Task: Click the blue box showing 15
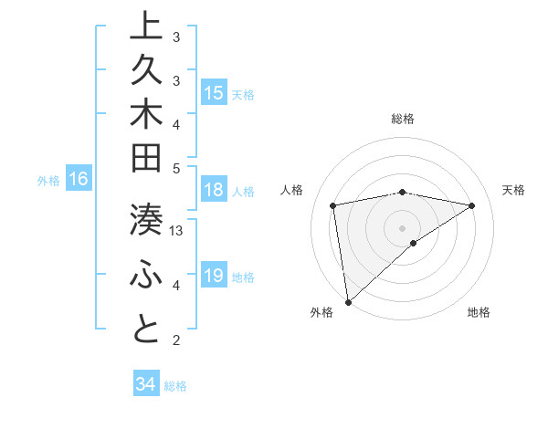pyautogui.click(x=214, y=92)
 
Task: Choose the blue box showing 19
pyautogui.click(x=214, y=275)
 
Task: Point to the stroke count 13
pyautogui.click(x=177, y=231)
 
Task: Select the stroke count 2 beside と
pyautogui.click(x=176, y=340)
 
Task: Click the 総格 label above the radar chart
pyautogui.click(x=403, y=119)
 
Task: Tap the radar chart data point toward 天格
pyautogui.click(x=472, y=205)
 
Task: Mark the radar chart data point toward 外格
pyautogui.click(x=348, y=301)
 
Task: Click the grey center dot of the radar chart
pyautogui.click(x=403, y=226)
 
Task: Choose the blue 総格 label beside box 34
pyautogui.click(x=176, y=386)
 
